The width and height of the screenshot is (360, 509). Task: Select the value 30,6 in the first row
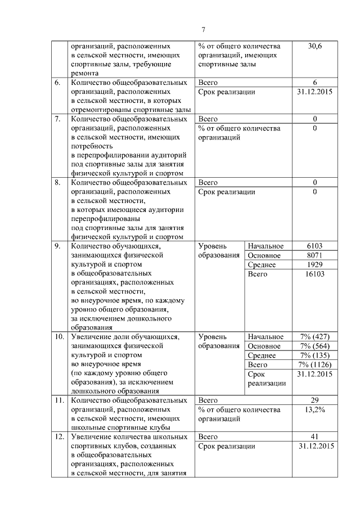[315, 46]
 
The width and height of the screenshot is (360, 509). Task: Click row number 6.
[57, 83]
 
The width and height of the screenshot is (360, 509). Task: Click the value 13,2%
[315, 409]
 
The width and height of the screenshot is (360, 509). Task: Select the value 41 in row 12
[315, 437]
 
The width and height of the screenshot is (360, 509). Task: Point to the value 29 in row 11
[315, 400]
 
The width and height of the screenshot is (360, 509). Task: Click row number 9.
[57, 246]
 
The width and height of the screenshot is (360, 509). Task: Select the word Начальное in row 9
[265, 246]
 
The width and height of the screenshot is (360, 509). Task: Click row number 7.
[57, 119]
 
